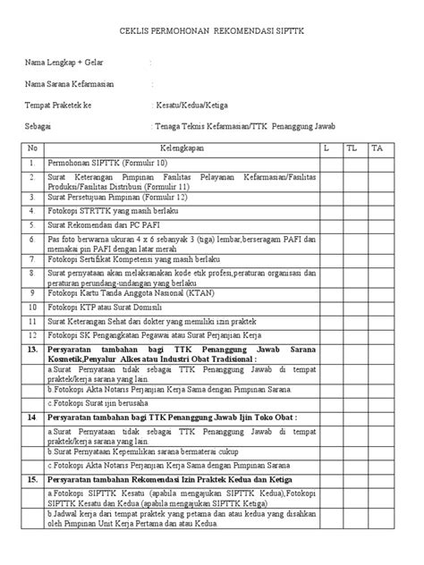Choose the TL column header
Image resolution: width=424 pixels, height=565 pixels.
pyautogui.click(x=354, y=148)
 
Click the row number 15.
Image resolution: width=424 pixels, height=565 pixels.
pyautogui.click(x=32, y=480)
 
